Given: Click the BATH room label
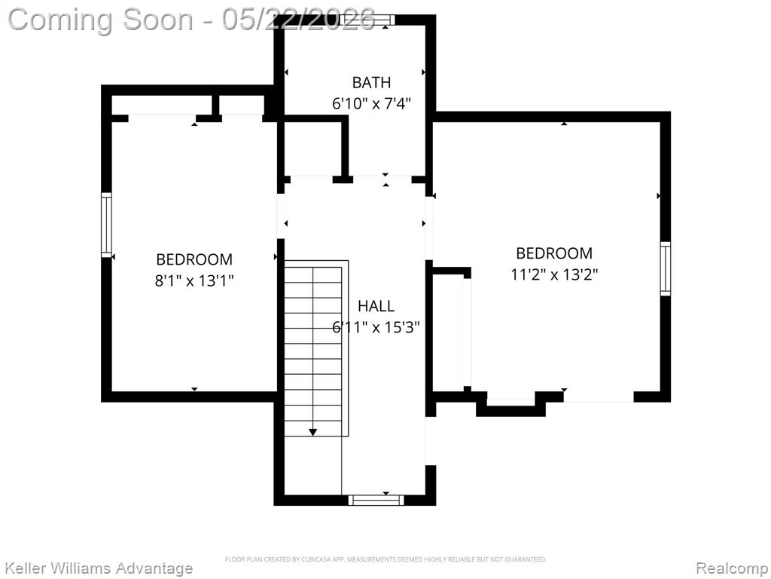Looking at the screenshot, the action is pos(371,82).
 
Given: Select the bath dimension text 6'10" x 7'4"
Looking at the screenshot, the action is pos(371,103).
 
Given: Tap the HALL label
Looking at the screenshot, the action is pos(376,306).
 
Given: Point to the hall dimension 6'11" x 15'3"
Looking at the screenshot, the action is pos(376,327).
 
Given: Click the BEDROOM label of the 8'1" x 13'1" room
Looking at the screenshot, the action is pos(194,259).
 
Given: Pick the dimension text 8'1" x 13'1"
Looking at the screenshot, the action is pos(194,280).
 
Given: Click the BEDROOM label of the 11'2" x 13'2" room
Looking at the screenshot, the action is pos(554,253).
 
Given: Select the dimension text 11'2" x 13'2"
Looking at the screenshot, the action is pos(554,274).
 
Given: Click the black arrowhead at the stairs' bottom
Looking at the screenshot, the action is pos(312,432).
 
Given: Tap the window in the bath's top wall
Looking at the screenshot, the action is pos(367,20).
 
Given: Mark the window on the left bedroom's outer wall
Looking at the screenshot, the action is pos(106,225).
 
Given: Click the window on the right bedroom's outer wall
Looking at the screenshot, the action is pos(666,269).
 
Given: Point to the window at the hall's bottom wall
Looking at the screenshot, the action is pos(376,501).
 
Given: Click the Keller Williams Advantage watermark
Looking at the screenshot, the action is pos(99,568).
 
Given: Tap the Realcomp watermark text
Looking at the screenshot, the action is pos(733,568).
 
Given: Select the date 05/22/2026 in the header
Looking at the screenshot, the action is pos(298,20).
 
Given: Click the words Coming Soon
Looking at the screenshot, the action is pos(101,20).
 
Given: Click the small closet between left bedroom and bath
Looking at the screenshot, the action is pos(312,149).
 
